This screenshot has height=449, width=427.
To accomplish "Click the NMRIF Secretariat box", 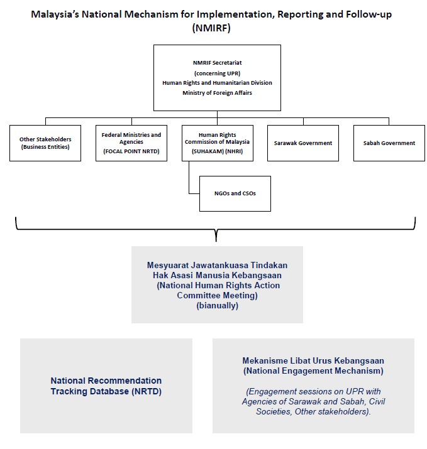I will [217, 78].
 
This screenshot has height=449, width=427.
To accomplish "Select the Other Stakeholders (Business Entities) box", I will [45, 143].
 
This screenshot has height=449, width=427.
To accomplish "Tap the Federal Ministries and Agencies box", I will [131, 143].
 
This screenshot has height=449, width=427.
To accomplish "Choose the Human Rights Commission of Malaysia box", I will [217, 143].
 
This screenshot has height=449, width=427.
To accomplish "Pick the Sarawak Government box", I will [303, 143].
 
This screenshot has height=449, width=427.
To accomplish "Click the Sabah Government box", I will [389, 143].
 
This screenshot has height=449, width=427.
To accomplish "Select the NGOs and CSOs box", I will [235, 193].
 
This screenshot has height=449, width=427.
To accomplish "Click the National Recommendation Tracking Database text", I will [106, 386].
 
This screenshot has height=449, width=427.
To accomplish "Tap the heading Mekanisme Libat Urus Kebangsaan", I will [313, 361].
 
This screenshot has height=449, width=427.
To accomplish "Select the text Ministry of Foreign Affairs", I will [217, 93].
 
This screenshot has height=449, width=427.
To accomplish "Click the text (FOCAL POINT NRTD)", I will [131, 152].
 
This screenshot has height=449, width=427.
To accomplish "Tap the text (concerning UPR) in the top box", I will [217, 73].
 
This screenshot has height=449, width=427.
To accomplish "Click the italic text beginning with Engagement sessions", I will [313, 401].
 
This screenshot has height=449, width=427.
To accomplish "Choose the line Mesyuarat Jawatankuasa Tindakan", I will [217, 265].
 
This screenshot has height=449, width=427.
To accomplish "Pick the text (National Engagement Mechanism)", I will [313, 371].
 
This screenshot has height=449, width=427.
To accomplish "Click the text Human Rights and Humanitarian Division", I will [217, 83].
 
